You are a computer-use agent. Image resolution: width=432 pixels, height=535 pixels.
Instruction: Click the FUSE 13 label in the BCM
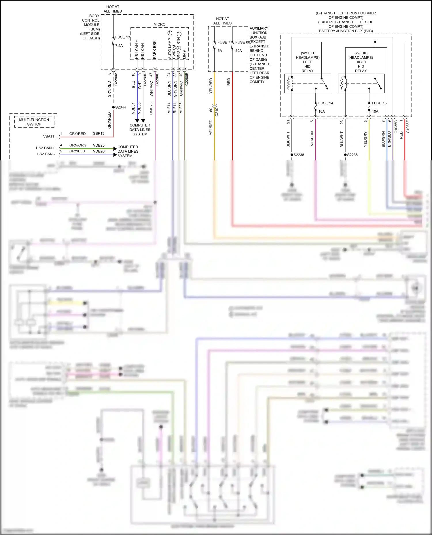[123, 37]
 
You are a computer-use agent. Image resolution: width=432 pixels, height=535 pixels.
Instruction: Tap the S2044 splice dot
[113, 107]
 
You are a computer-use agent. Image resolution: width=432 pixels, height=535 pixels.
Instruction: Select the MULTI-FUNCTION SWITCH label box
[34, 122]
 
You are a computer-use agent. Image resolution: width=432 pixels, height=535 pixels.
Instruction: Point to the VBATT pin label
[49, 136]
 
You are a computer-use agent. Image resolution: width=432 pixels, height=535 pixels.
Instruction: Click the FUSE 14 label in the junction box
[325, 103]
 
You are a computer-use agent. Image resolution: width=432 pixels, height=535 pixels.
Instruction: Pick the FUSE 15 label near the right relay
[379, 103]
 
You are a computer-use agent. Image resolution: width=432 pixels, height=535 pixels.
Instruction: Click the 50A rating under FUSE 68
[238, 51]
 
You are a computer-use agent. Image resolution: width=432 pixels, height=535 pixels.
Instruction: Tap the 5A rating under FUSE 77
[220, 51]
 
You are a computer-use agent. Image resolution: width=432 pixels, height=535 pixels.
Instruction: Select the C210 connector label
[217, 112]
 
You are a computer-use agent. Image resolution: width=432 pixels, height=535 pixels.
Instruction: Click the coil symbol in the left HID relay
[289, 83]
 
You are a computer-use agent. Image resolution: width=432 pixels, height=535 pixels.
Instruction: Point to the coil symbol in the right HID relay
[343, 83]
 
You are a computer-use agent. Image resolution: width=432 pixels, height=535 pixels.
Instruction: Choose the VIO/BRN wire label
[312, 139]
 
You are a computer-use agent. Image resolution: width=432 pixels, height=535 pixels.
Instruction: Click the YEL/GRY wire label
[365, 139]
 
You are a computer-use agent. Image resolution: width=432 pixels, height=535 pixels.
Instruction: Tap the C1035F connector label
[408, 127]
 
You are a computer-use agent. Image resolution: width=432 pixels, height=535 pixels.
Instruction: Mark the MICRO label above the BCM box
[159, 24]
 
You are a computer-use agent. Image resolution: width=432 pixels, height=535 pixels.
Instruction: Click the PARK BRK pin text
[155, 50]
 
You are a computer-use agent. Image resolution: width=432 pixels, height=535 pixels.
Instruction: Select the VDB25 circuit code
[98, 145]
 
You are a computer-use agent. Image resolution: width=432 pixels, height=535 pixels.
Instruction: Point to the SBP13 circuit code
[98, 133]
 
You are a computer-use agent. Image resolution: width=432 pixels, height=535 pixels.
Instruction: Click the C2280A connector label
[116, 79]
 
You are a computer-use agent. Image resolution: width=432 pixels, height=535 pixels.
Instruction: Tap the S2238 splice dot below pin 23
[345, 155]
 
